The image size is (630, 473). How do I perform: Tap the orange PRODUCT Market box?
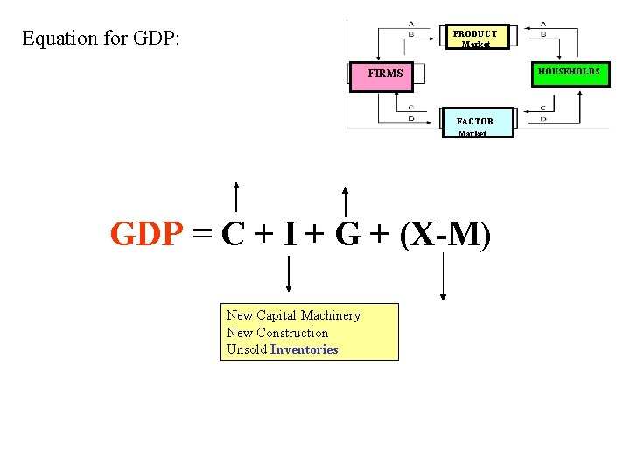475,36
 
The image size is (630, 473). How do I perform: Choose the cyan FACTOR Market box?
475,124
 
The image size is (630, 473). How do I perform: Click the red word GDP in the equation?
147,234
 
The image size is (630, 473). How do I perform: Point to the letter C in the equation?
233,234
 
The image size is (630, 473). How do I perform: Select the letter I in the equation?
290,234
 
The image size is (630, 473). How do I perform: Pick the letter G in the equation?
347,234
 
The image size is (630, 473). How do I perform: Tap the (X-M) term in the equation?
444,234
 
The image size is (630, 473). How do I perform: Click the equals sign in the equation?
202,234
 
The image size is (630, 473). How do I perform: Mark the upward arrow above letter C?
236,197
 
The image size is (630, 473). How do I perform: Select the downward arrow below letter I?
289,273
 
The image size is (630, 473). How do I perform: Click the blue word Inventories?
304,350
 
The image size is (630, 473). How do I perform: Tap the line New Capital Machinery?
293,315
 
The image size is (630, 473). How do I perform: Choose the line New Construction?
277,333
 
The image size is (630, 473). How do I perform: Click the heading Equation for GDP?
101,39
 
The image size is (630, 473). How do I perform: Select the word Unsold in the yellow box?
247,350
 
